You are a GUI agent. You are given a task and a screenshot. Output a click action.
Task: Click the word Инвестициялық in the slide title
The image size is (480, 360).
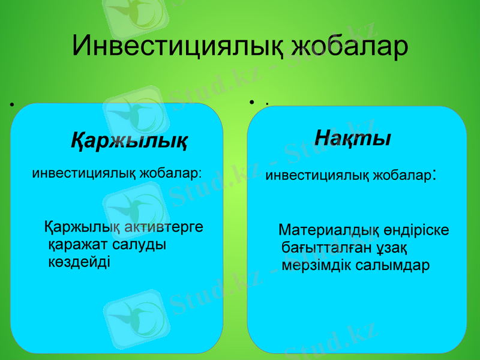coord(176,46)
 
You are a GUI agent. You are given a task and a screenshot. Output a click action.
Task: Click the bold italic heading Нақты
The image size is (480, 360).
coord(353,138)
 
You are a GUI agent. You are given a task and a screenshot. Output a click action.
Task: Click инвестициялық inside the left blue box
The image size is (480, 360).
coord(84,174)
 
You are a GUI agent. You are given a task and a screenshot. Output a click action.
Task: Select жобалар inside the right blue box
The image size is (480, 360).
coord(403,176)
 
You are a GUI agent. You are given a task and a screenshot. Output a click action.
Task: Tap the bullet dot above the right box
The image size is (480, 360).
coord(253,103)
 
